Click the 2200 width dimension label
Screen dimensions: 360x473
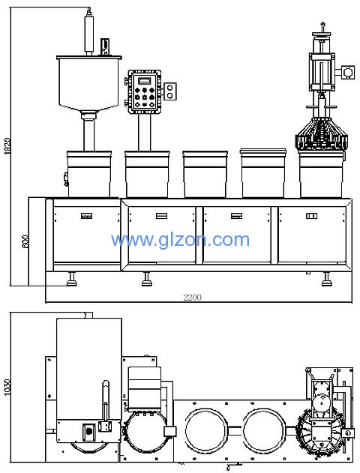pyautogui.click(x=192, y=298)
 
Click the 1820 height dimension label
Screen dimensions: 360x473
pyautogui.click(x=7, y=147)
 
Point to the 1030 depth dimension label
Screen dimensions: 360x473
pyautogui.click(x=7, y=388)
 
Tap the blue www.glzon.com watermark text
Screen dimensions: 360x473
pyautogui.click(x=181, y=241)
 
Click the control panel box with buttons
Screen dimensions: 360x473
pyautogui.click(x=145, y=91)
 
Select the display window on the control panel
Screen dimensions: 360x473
pyautogui.click(x=144, y=80)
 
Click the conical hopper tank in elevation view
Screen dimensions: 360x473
pyautogui.click(x=89, y=83)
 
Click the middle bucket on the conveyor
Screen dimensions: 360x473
pyautogui.click(x=205, y=175)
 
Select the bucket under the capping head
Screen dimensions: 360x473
pyautogui.click(x=321, y=174)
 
